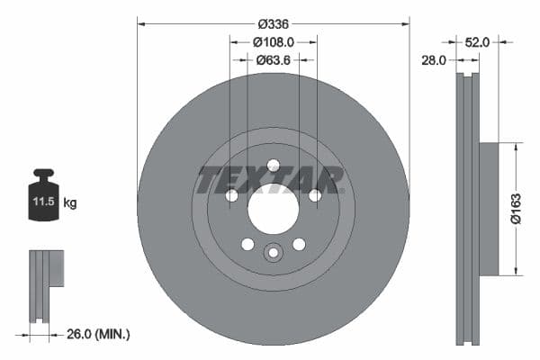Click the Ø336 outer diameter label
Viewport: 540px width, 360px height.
274,24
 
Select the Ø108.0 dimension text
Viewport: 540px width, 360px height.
274,42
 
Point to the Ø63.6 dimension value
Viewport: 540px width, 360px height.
274,60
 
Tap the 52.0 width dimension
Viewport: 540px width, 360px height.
477,41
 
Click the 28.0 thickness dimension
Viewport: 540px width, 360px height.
435,60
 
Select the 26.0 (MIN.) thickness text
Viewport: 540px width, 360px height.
99,334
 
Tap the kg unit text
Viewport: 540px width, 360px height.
70,203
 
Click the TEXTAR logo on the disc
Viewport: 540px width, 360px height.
270,179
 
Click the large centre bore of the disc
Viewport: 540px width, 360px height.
273,212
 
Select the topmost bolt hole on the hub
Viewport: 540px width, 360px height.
273,165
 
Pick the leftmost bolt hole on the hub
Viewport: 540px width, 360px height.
231,195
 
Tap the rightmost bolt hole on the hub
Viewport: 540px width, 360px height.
315,195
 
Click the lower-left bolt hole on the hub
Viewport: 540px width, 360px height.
247,244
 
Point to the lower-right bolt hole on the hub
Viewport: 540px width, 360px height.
299,244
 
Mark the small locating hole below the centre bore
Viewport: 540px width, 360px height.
273,253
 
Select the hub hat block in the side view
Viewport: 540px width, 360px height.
487,208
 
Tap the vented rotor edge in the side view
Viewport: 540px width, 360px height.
466,208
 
